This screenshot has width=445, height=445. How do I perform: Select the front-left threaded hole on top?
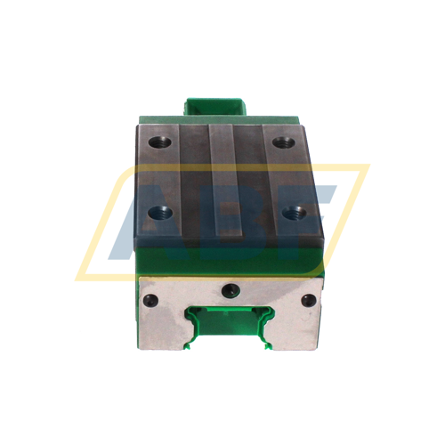pyautogui.click(x=161, y=213)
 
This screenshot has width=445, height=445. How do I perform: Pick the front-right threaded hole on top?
pyautogui.click(x=291, y=213)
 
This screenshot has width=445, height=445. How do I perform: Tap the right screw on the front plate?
pyautogui.click(x=307, y=300)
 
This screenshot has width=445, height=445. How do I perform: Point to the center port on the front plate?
pyautogui.click(x=230, y=290)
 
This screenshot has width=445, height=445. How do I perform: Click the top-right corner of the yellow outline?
pyautogui.click(x=367, y=166)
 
